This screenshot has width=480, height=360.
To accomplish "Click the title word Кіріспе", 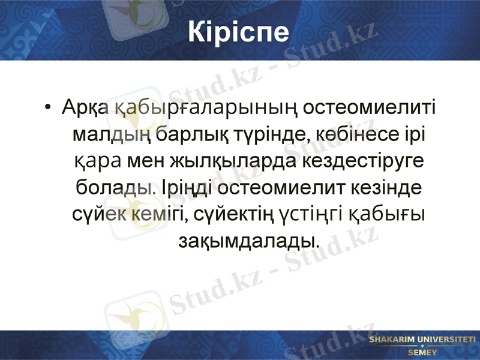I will click(x=239, y=32).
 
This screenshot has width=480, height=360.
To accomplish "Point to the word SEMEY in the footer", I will click(x=422, y=352).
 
